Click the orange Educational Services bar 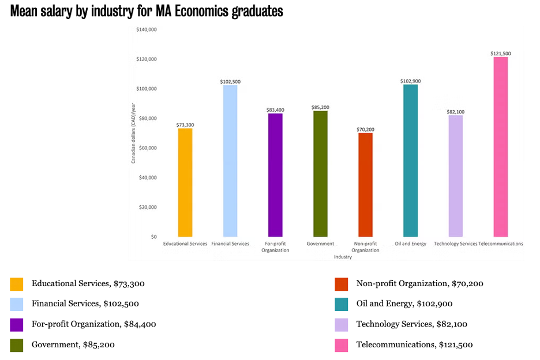185,182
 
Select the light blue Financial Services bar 230,161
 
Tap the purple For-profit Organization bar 275,175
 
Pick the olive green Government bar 320,174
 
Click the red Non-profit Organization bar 365,185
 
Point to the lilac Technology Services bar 456,176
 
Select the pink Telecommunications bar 500,147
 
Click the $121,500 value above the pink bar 500,54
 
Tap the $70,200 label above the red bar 365,129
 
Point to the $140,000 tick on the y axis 146,30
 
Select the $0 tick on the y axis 153,237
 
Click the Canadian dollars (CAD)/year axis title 133,133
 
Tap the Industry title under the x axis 343,257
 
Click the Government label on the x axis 320,244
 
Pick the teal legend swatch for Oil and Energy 341,304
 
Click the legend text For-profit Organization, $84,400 93,324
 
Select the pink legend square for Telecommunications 341,345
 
